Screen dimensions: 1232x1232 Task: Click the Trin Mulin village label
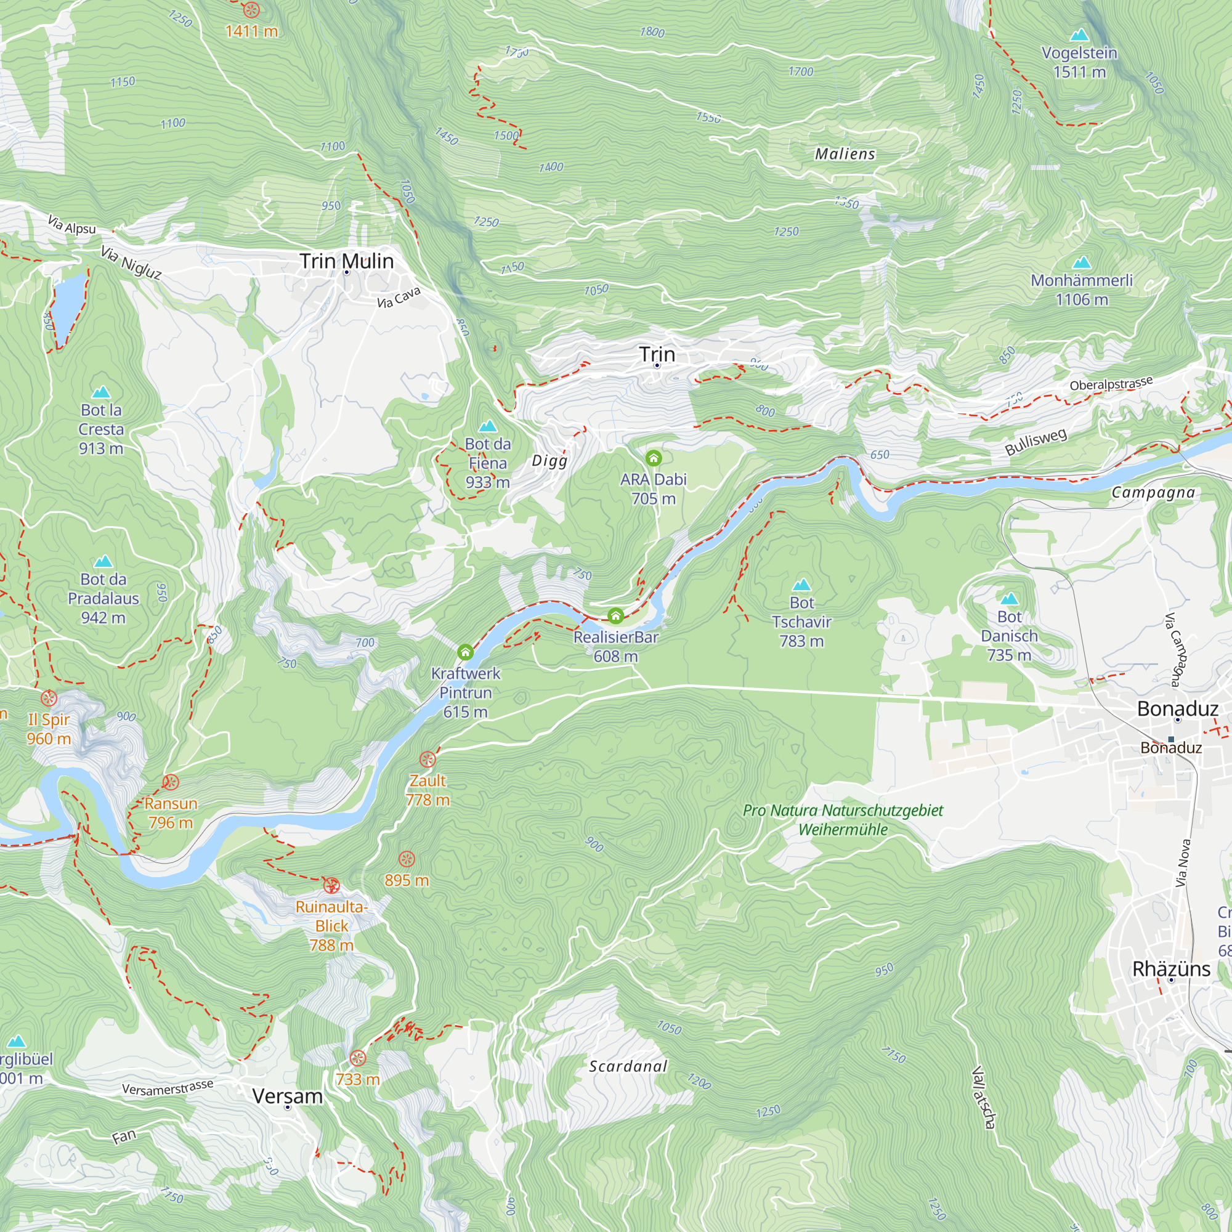(346, 261)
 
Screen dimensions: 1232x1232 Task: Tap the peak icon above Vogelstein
(1079, 34)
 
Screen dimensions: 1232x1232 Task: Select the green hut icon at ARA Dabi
(653, 458)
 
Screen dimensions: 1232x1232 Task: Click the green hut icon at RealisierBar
(615, 616)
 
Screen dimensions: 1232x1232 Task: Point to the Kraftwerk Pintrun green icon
(466, 652)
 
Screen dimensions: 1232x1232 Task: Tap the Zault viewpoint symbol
(428, 760)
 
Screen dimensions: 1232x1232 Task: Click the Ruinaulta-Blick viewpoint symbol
(331, 885)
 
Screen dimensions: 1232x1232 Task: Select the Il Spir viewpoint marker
(49, 699)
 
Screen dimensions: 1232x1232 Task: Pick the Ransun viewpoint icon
(170, 782)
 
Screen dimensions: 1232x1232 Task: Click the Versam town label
(287, 1096)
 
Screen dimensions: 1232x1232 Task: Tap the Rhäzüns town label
(1171, 968)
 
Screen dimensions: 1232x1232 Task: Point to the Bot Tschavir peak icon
(801, 585)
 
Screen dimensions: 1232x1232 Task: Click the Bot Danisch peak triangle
(1009, 599)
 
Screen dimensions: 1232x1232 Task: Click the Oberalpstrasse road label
(1111, 384)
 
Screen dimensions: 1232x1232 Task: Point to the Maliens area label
(845, 153)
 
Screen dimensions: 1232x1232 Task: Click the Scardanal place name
(628, 1066)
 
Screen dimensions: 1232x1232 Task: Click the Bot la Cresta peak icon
(101, 392)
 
